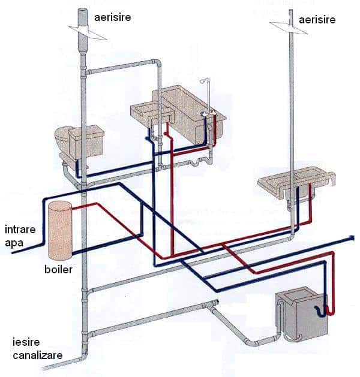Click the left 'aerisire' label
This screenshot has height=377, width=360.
click(x=112, y=17)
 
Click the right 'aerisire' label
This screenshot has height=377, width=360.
click(x=316, y=20)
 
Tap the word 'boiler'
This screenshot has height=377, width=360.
click(x=58, y=269)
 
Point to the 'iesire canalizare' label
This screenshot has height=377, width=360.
click(x=37, y=349)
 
